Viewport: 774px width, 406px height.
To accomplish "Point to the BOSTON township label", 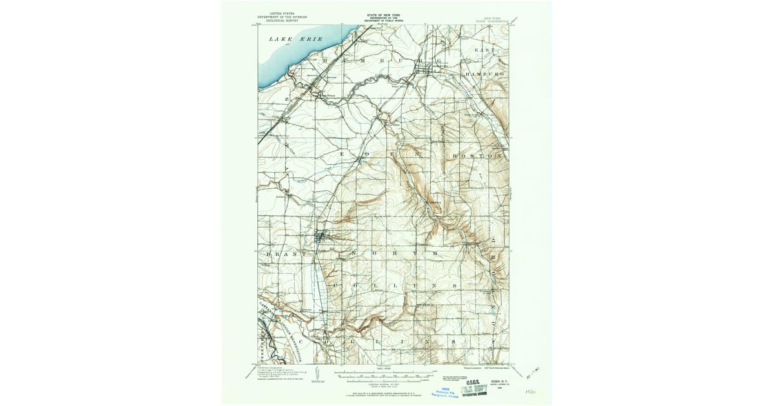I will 477,156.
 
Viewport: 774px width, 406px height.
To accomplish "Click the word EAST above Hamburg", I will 484,50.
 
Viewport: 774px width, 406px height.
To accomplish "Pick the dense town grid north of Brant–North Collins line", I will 321,237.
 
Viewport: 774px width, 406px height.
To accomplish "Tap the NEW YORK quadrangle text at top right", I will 497,19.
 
